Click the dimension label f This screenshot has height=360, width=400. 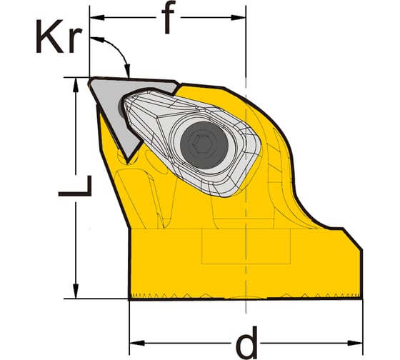[168, 17]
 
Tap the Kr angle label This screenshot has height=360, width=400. [59, 36]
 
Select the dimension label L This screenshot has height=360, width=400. [75, 186]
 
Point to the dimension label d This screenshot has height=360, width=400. [246, 343]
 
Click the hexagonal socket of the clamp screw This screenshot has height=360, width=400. [204, 145]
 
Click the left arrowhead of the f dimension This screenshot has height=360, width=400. [97, 17]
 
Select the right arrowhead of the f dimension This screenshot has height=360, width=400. [239, 17]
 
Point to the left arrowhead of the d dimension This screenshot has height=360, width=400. [137, 343]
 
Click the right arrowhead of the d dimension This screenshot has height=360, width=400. [355, 343]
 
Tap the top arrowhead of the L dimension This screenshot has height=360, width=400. [75, 85]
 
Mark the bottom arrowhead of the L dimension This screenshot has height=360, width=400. [75, 291]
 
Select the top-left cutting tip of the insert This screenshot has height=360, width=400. [91, 80]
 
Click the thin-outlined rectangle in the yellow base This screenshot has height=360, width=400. [246, 246]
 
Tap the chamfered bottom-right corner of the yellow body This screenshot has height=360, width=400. [352, 239]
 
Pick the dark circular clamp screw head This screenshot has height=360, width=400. [204, 145]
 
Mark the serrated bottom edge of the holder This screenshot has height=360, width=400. [246, 296]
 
